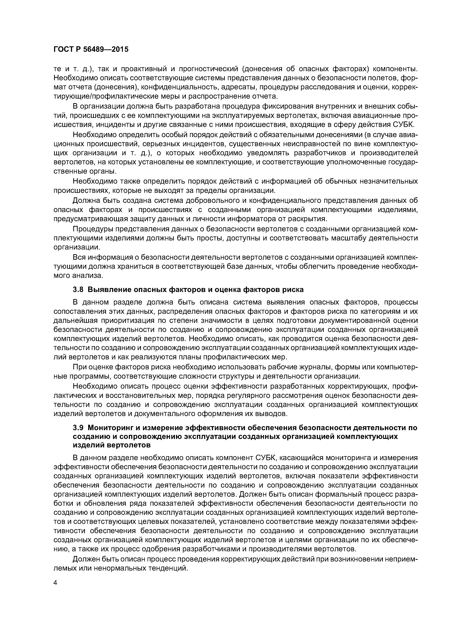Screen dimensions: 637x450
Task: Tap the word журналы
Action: point(316,367)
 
